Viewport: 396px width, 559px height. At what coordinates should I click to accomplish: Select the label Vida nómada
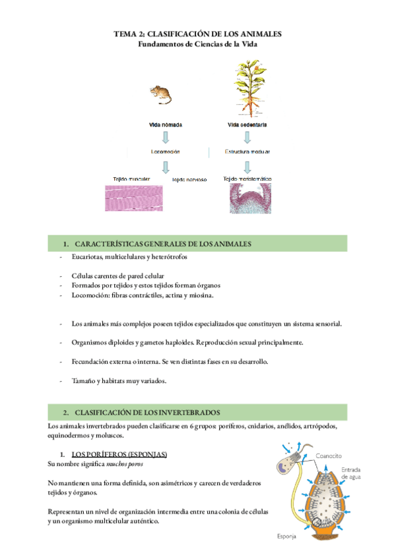pyautogui.click(x=166, y=125)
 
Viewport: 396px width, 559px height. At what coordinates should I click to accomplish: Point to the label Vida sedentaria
pyautogui.click(x=247, y=125)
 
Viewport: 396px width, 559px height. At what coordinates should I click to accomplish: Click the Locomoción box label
pyautogui.click(x=165, y=152)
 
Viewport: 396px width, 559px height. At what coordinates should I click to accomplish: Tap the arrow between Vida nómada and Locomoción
pyautogui.click(x=166, y=138)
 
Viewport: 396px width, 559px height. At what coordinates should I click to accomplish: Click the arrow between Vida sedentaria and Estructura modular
pyautogui.click(x=247, y=138)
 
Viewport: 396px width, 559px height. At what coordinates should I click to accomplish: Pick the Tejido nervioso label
pyautogui.click(x=189, y=179)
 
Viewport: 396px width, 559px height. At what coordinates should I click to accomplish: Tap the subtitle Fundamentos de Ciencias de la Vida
pyautogui.click(x=197, y=44)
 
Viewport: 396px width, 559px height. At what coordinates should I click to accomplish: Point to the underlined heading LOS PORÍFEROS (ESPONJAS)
pyautogui.click(x=119, y=454)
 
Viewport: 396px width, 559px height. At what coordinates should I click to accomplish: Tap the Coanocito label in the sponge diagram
pyautogui.click(x=328, y=456)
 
